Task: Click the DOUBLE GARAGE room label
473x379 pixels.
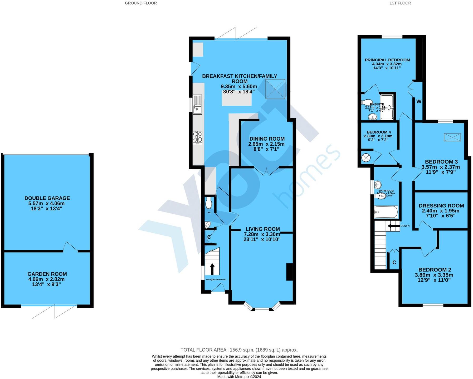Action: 47,198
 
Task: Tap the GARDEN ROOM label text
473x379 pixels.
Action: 47,274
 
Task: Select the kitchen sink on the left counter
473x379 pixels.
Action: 197,105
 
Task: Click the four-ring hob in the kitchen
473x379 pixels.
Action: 198,137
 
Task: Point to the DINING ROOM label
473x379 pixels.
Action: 267,139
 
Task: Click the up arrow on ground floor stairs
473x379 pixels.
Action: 212,269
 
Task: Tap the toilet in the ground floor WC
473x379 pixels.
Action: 209,203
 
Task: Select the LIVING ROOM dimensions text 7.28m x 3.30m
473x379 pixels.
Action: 262,234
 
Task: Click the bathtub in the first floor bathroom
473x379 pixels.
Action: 386,212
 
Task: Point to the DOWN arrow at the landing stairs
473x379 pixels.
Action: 393,226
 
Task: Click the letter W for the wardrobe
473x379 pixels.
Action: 419,101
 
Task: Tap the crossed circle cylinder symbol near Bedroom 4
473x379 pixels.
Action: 366,158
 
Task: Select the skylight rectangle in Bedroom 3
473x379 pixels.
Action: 452,137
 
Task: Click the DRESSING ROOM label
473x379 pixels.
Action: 441,206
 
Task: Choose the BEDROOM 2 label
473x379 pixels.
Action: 435,270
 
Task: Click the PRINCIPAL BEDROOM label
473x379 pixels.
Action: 387,60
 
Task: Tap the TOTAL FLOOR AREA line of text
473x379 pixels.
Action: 239,350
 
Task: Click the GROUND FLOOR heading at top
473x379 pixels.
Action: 141,3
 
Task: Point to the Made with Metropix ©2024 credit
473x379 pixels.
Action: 239,377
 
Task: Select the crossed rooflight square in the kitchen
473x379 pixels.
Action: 275,89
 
